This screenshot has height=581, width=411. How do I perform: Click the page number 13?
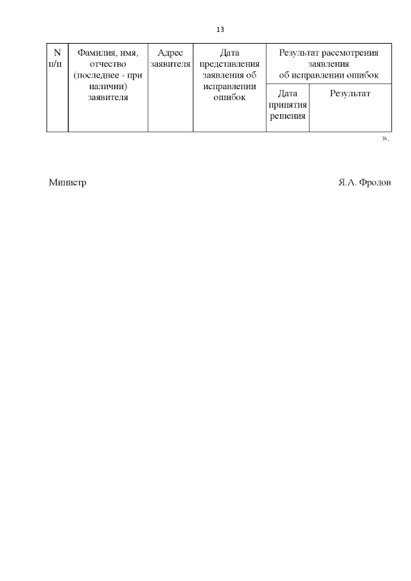tap(220, 30)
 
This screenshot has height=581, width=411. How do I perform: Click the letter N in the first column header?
tap(57, 53)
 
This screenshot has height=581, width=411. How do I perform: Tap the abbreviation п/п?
tap(57, 64)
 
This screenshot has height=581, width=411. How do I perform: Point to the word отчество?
tap(108, 64)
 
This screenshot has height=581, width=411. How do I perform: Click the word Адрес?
tap(170, 53)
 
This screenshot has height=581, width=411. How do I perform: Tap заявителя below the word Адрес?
tap(170, 64)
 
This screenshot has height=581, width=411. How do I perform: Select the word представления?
tap(229, 64)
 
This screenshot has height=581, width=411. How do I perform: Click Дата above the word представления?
tap(229, 53)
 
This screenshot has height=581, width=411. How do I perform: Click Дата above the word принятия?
tap(288, 94)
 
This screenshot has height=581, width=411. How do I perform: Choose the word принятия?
tap(288, 105)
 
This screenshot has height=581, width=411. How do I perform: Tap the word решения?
tap(288, 116)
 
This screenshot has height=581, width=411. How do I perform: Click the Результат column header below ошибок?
tap(350, 94)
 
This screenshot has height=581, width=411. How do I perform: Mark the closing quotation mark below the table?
tap(385, 139)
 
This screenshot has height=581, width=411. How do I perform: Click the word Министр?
tap(67, 182)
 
